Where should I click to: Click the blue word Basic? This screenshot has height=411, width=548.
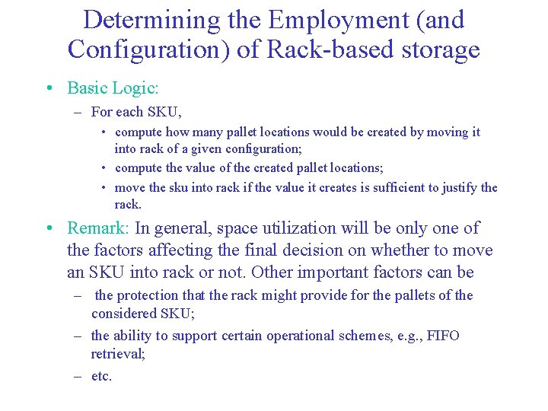(88, 88)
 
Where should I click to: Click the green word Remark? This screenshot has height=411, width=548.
(99, 228)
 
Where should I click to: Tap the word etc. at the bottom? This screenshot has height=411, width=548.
(101, 376)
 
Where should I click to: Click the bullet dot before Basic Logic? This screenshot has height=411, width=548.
(49, 88)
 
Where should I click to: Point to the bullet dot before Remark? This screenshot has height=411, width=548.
(49, 228)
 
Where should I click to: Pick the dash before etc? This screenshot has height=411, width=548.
(78, 376)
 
